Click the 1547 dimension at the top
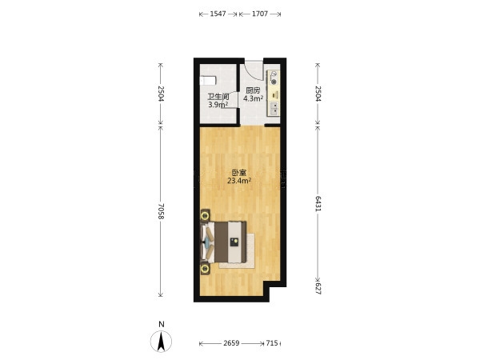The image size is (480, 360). tap(218, 14)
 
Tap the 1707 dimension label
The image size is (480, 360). tap(260, 14)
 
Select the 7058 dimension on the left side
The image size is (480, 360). tap(162, 211)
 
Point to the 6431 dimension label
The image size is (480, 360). tap(318, 204)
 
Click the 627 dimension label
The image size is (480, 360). tap(318, 288)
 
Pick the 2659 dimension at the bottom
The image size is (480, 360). tap(231, 343)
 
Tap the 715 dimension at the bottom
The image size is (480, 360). tap(272, 343)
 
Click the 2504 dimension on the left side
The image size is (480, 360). tap(162, 94)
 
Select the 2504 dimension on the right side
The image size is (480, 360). tap(318, 94)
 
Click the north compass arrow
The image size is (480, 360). tap(161, 342)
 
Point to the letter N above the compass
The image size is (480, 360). tap(162, 325)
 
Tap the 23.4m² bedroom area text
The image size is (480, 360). tap(239, 181)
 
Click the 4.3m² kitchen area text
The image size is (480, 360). tap(253, 98)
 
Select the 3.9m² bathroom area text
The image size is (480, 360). tap(218, 105)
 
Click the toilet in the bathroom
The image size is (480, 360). tap(208, 81)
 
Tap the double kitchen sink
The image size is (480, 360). tap(274, 108)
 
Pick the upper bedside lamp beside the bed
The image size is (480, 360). tap(205, 216)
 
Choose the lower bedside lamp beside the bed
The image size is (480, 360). tap(205, 269)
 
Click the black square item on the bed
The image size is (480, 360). tap(234, 242)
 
